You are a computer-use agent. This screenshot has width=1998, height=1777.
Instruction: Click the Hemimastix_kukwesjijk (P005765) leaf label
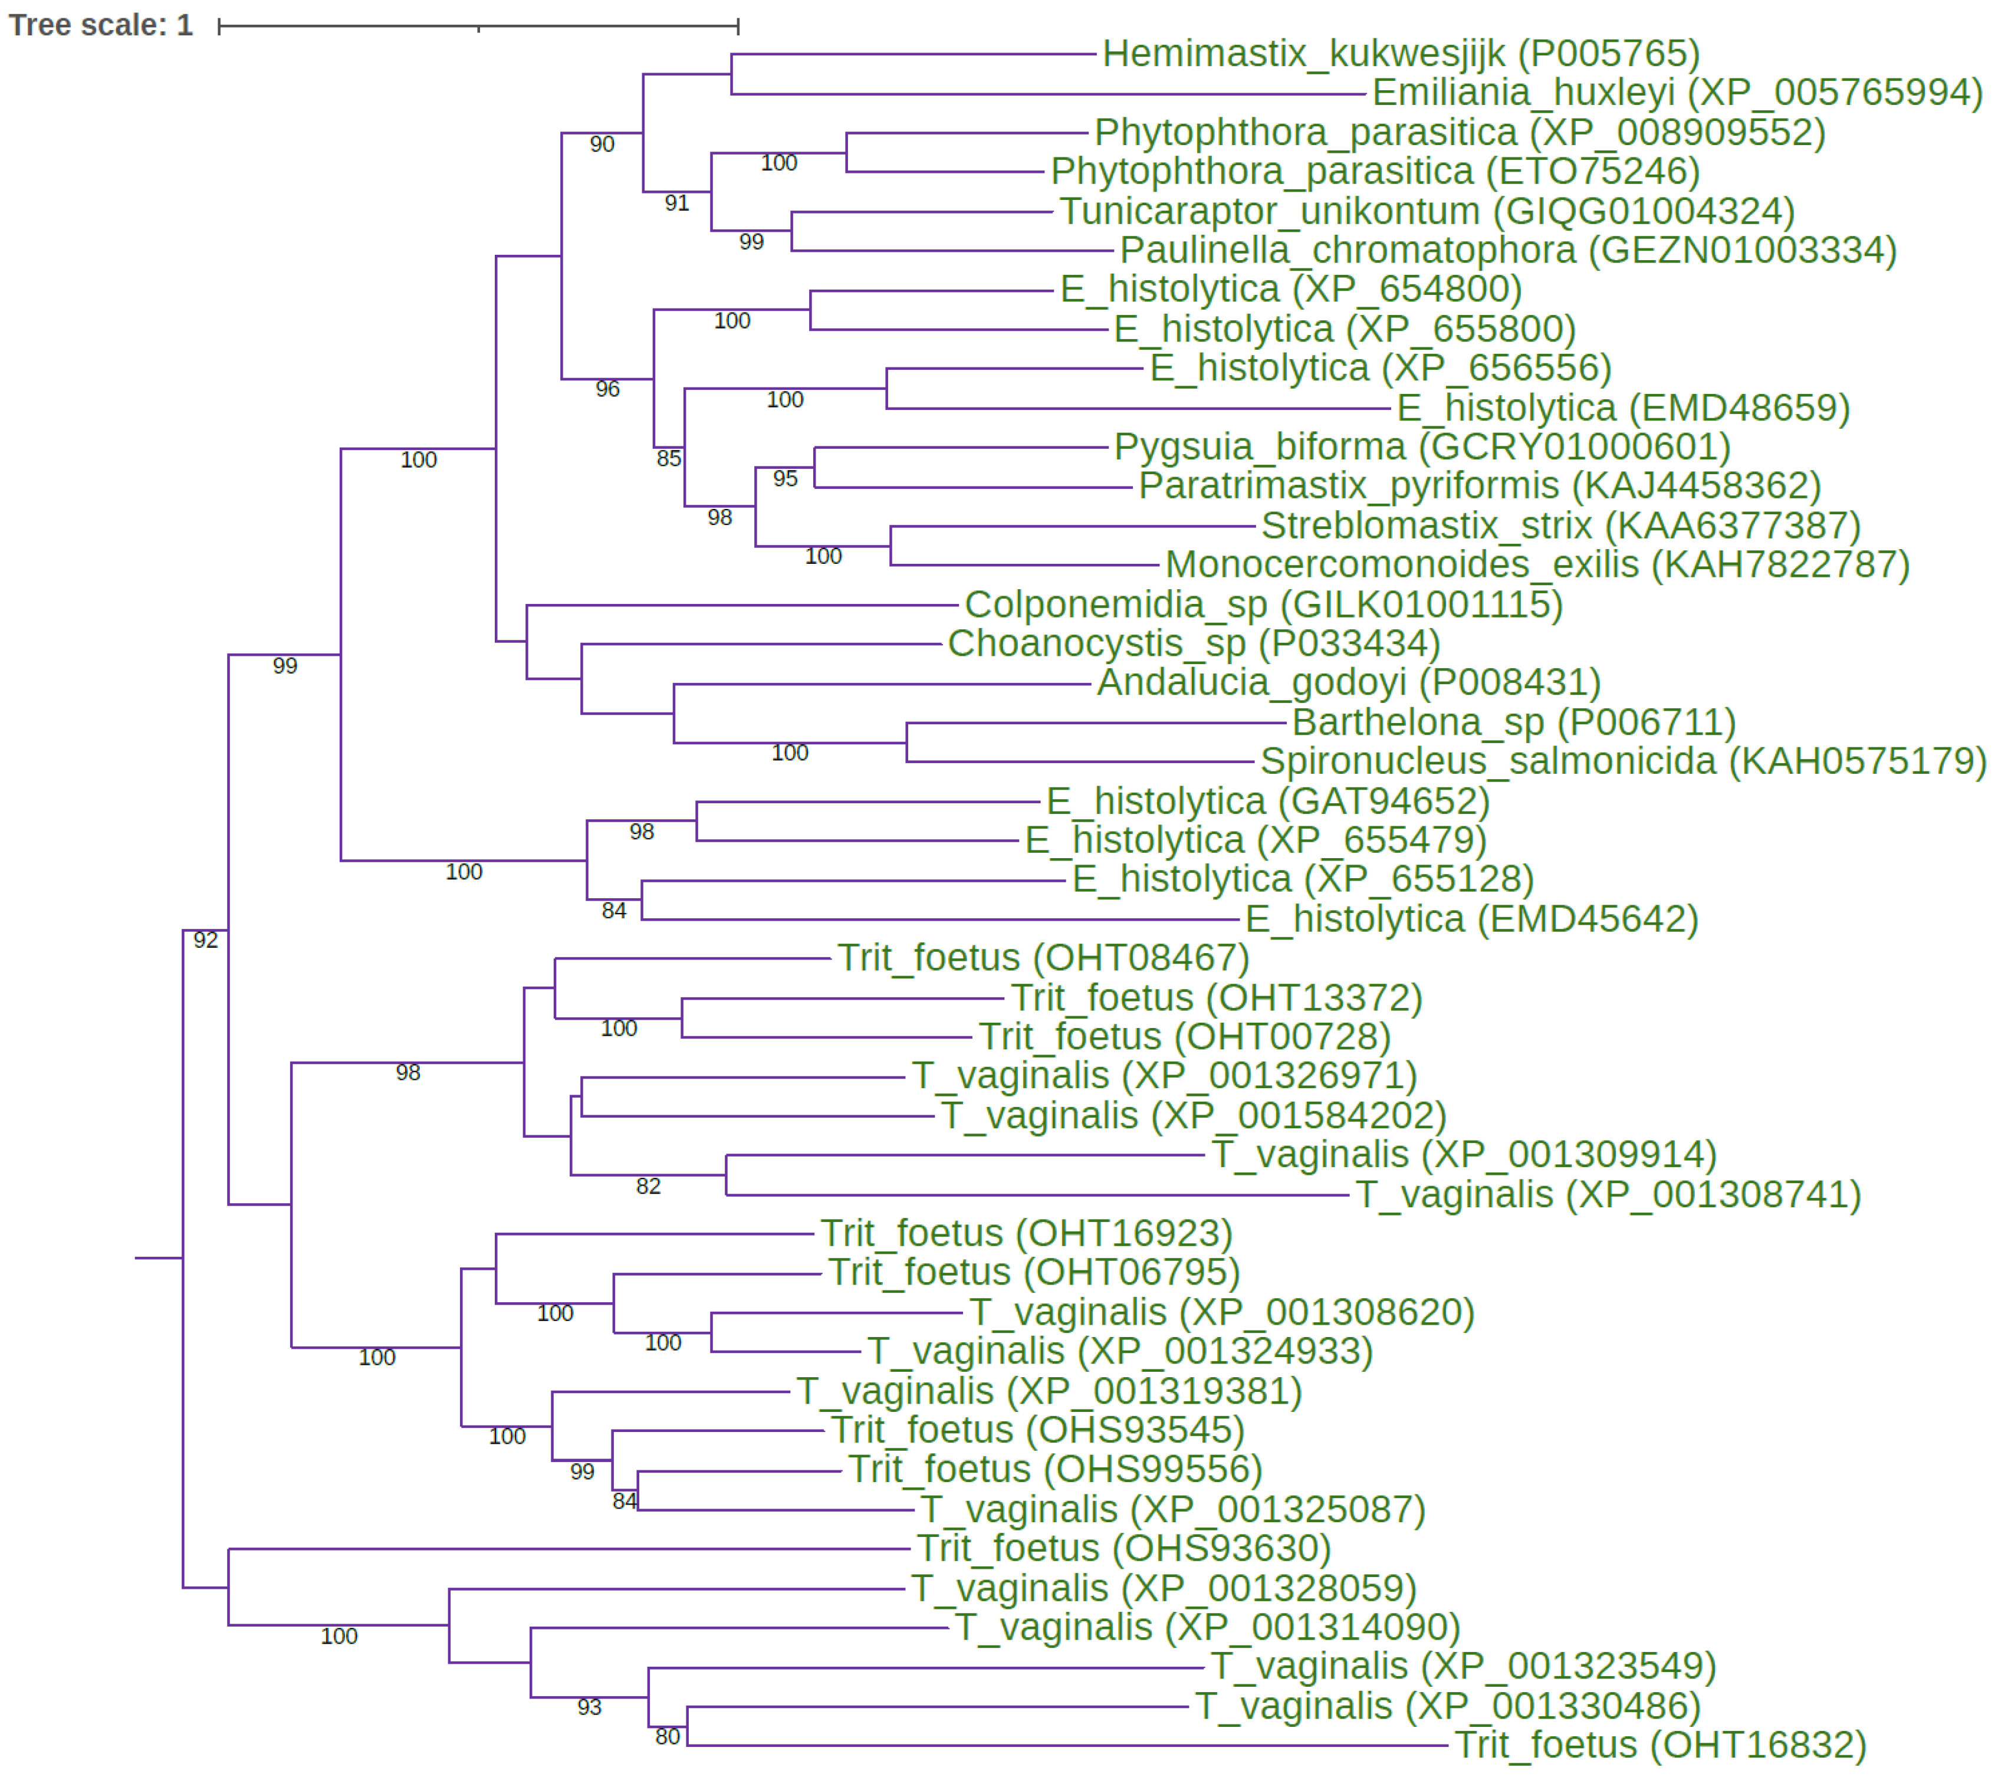(x=1401, y=54)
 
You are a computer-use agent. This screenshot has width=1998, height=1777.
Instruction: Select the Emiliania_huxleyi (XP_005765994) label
(x=1677, y=93)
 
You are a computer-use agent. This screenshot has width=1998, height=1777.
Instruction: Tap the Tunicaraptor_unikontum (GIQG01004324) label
(x=1427, y=211)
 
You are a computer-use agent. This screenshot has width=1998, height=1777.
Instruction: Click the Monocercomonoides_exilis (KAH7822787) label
(x=1537, y=565)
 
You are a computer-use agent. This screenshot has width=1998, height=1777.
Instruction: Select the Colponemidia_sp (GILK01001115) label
(x=1263, y=605)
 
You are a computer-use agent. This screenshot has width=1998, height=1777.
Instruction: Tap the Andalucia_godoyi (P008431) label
(x=1348, y=683)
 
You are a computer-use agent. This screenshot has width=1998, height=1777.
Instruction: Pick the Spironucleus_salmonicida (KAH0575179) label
(x=1623, y=761)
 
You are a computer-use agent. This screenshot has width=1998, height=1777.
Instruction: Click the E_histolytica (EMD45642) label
(x=1471, y=920)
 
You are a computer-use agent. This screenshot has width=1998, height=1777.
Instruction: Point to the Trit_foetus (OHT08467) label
(x=1043, y=959)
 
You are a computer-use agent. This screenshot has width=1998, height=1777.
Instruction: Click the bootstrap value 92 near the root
(x=205, y=940)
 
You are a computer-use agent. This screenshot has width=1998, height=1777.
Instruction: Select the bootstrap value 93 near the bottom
(x=589, y=1707)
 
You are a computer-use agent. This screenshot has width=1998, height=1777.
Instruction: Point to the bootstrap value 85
(x=669, y=458)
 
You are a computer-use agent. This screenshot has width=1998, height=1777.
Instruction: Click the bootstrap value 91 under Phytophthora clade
(x=676, y=203)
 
